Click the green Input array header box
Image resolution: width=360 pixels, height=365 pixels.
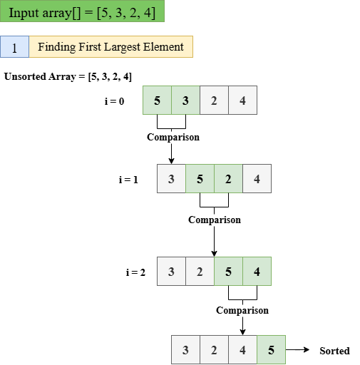82,12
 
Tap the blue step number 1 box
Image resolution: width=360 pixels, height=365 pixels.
14,48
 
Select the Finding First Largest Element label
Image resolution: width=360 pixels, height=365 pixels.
110,48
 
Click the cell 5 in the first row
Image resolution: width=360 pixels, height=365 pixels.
157,101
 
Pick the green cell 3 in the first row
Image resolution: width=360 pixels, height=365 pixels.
185,101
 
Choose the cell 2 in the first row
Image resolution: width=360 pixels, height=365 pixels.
214,101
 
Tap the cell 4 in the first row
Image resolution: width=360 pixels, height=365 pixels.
242,101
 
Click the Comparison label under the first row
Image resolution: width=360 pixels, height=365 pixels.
173,138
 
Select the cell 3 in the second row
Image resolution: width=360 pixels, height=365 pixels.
171,179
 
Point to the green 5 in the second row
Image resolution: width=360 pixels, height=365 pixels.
200,179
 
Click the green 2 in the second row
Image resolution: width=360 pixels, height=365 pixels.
228,179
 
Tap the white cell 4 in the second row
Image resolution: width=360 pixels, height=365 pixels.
257,179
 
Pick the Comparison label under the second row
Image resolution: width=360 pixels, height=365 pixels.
215,220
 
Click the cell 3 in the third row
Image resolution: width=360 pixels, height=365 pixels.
171,272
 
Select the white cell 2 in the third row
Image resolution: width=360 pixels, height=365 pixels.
200,272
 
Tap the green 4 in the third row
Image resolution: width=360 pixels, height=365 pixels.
257,272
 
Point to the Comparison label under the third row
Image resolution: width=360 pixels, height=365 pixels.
242,311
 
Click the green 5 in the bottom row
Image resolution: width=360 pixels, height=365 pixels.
271,350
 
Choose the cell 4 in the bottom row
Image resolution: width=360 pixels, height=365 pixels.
242,350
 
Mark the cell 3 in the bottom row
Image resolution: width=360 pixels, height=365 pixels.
185,350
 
